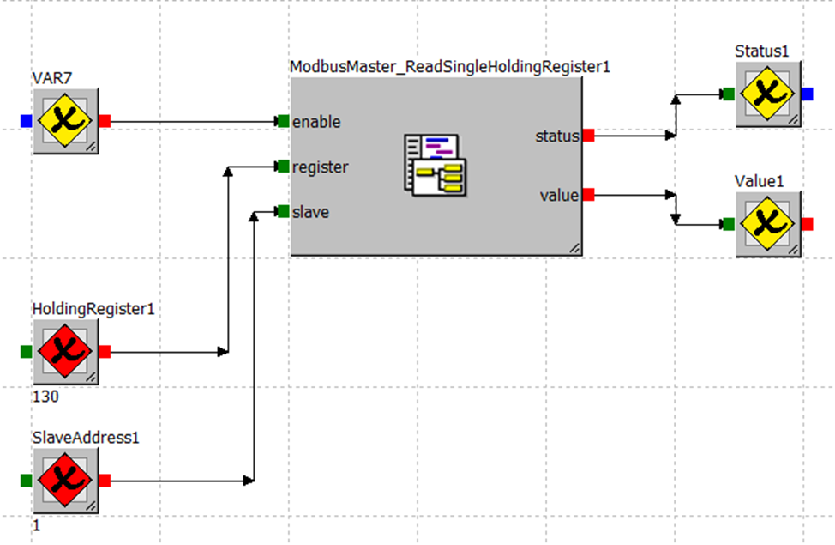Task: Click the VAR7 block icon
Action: (67, 121)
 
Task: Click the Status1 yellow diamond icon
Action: (769, 94)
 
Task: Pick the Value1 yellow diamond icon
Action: (769, 224)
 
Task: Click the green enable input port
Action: (283, 121)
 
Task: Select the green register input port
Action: (283, 166)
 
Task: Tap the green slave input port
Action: (283, 211)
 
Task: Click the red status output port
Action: (588, 135)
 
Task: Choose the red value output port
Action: (588, 195)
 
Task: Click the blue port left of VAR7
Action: (26, 121)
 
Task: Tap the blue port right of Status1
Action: (808, 94)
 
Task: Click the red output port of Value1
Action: (808, 224)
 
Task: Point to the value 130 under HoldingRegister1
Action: (45, 397)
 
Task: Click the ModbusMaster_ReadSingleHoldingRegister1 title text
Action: (449, 67)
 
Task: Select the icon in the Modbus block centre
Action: (436, 165)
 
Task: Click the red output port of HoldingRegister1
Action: (105, 351)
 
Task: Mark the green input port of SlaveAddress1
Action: (26, 481)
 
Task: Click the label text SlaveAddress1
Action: (86, 438)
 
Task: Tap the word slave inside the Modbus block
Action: (310, 212)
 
